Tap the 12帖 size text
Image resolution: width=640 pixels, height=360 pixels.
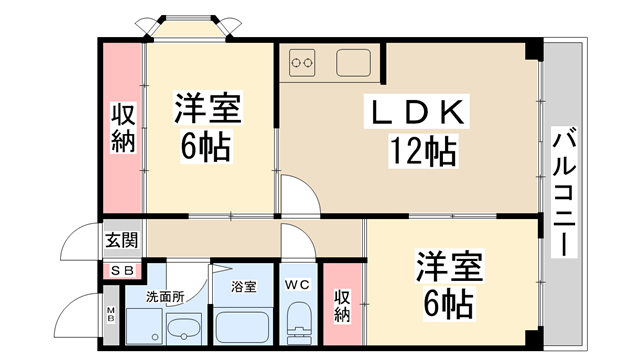tap(422, 152)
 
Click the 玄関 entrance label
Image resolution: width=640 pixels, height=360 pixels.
tap(122, 240)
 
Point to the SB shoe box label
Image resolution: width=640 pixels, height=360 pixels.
tap(122, 270)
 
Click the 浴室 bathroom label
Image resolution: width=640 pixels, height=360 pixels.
tap(244, 287)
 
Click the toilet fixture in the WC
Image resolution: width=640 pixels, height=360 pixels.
tap(298, 325)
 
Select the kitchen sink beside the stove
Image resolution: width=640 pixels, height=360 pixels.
tap(355, 63)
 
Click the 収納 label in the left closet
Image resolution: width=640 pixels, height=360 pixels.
tap(122, 127)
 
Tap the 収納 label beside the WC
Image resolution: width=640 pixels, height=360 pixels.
tap(343, 305)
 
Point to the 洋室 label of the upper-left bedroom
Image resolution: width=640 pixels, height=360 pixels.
tap(209, 107)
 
